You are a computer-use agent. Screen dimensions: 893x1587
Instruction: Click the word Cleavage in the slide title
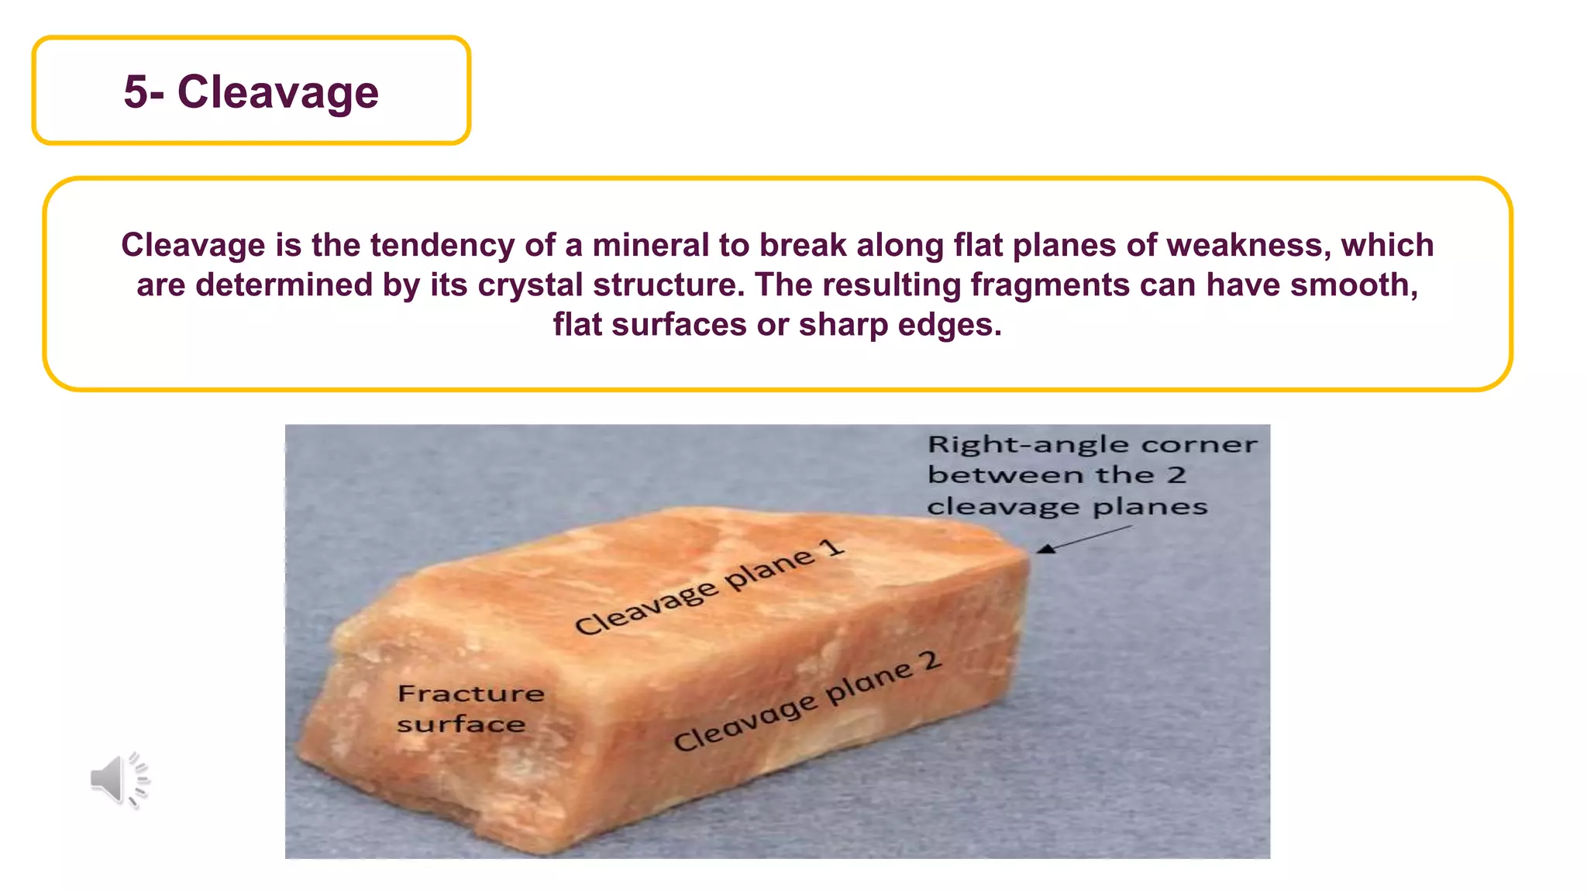coord(278,92)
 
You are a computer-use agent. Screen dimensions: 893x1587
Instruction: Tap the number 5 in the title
coord(135,92)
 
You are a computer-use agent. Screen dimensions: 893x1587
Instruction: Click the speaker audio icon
coord(119,779)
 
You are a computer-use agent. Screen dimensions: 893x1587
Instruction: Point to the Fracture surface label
coord(470,709)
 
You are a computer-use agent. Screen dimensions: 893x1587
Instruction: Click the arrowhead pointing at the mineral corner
coord(1046,549)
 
